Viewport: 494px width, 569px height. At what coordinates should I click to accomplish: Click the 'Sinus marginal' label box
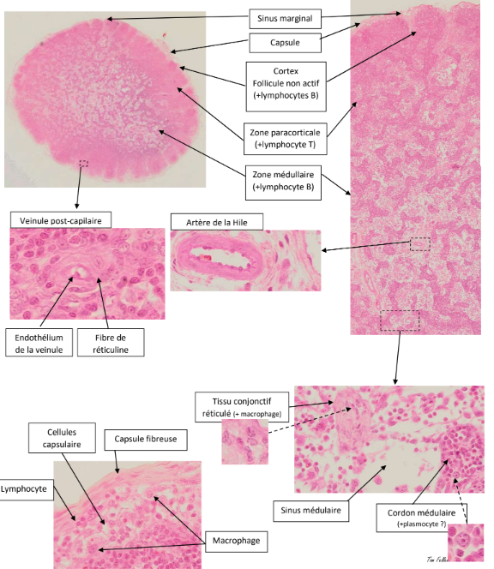click(x=285, y=19)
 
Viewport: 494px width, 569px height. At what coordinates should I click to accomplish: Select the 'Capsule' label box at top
click(x=285, y=43)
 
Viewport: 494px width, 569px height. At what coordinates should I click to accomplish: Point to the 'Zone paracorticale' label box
click(x=285, y=139)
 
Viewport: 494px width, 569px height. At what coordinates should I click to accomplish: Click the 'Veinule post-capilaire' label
click(x=61, y=220)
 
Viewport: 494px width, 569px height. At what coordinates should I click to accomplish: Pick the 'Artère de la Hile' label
click(x=217, y=222)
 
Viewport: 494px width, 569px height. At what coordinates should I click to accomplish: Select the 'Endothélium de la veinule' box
click(x=39, y=343)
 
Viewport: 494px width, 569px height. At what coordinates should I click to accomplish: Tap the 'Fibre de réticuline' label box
click(x=111, y=343)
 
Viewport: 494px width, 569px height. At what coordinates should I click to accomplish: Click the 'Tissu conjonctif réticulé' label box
click(x=242, y=407)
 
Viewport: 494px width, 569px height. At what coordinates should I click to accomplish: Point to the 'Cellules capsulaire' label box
click(x=62, y=438)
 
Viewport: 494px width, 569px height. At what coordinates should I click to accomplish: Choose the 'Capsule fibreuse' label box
click(x=146, y=440)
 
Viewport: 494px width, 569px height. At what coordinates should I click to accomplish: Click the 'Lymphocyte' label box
click(x=24, y=489)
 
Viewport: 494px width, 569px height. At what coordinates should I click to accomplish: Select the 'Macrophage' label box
click(x=237, y=542)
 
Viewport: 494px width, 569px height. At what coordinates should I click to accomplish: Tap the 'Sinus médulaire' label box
click(x=311, y=511)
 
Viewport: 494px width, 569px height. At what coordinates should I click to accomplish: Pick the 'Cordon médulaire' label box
click(x=421, y=518)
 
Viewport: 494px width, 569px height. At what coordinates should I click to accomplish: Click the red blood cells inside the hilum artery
click(x=205, y=258)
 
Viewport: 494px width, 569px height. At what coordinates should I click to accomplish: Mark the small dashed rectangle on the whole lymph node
click(x=84, y=164)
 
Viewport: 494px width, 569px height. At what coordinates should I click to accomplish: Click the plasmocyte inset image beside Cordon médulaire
click(x=466, y=542)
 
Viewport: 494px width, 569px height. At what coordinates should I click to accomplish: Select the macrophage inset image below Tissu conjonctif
click(x=245, y=441)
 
